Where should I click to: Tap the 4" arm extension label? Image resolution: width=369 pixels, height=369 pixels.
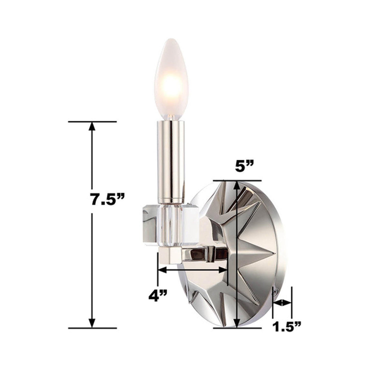coord(158,296)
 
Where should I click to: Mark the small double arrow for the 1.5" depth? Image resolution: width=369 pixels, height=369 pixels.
coord(282,303)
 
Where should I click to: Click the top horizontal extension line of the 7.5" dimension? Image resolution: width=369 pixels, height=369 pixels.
coord(92,122)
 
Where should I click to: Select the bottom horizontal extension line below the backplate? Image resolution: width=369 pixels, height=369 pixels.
coord(237,328)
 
